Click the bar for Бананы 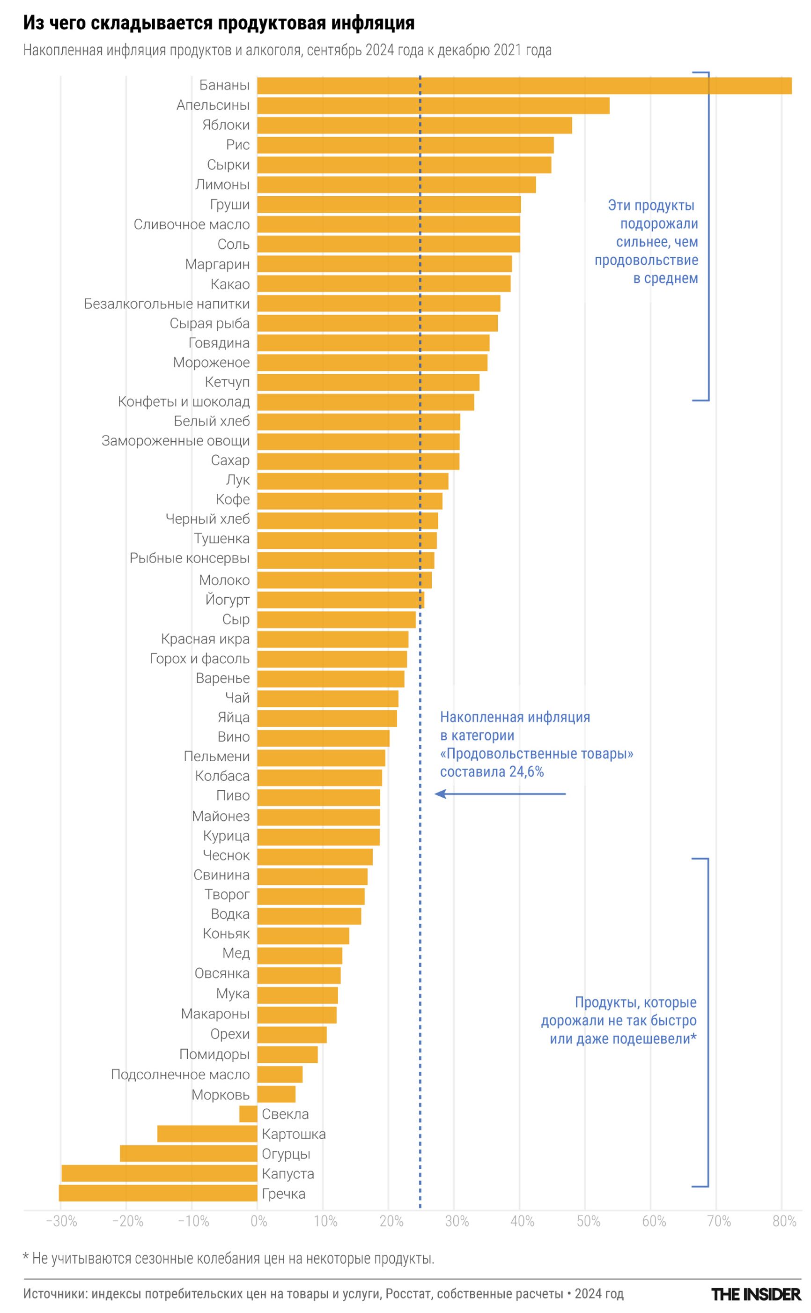click(x=524, y=86)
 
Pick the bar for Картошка click(x=207, y=1134)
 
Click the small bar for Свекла click(x=248, y=1114)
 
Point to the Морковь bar click(x=276, y=1094)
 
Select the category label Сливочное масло click(x=192, y=224)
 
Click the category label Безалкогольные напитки click(x=167, y=304)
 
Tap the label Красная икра click(x=206, y=639)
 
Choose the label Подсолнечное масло click(x=180, y=1074)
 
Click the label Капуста click(x=288, y=1173)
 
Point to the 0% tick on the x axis click(x=258, y=1221)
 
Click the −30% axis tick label click(x=61, y=1221)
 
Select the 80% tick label click(x=784, y=1221)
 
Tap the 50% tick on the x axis click(x=588, y=1221)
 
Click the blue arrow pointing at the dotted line click(x=499, y=794)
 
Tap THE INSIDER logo click(x=755, y=1294)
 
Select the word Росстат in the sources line click(x=408, y=1294)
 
